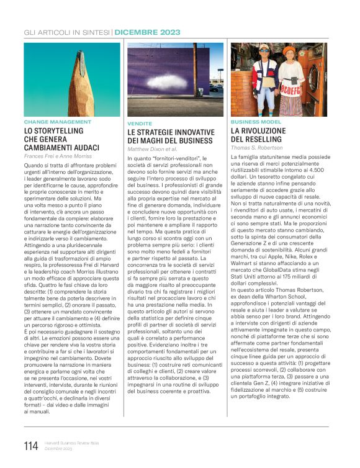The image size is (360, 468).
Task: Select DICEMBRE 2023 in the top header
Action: tap(147, 32)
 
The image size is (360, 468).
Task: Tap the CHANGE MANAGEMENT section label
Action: tap(54, 122)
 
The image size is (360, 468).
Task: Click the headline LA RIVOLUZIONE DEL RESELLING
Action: tap(259, 135)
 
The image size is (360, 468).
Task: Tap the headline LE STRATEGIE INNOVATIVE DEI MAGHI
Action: tap(171, 137)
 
